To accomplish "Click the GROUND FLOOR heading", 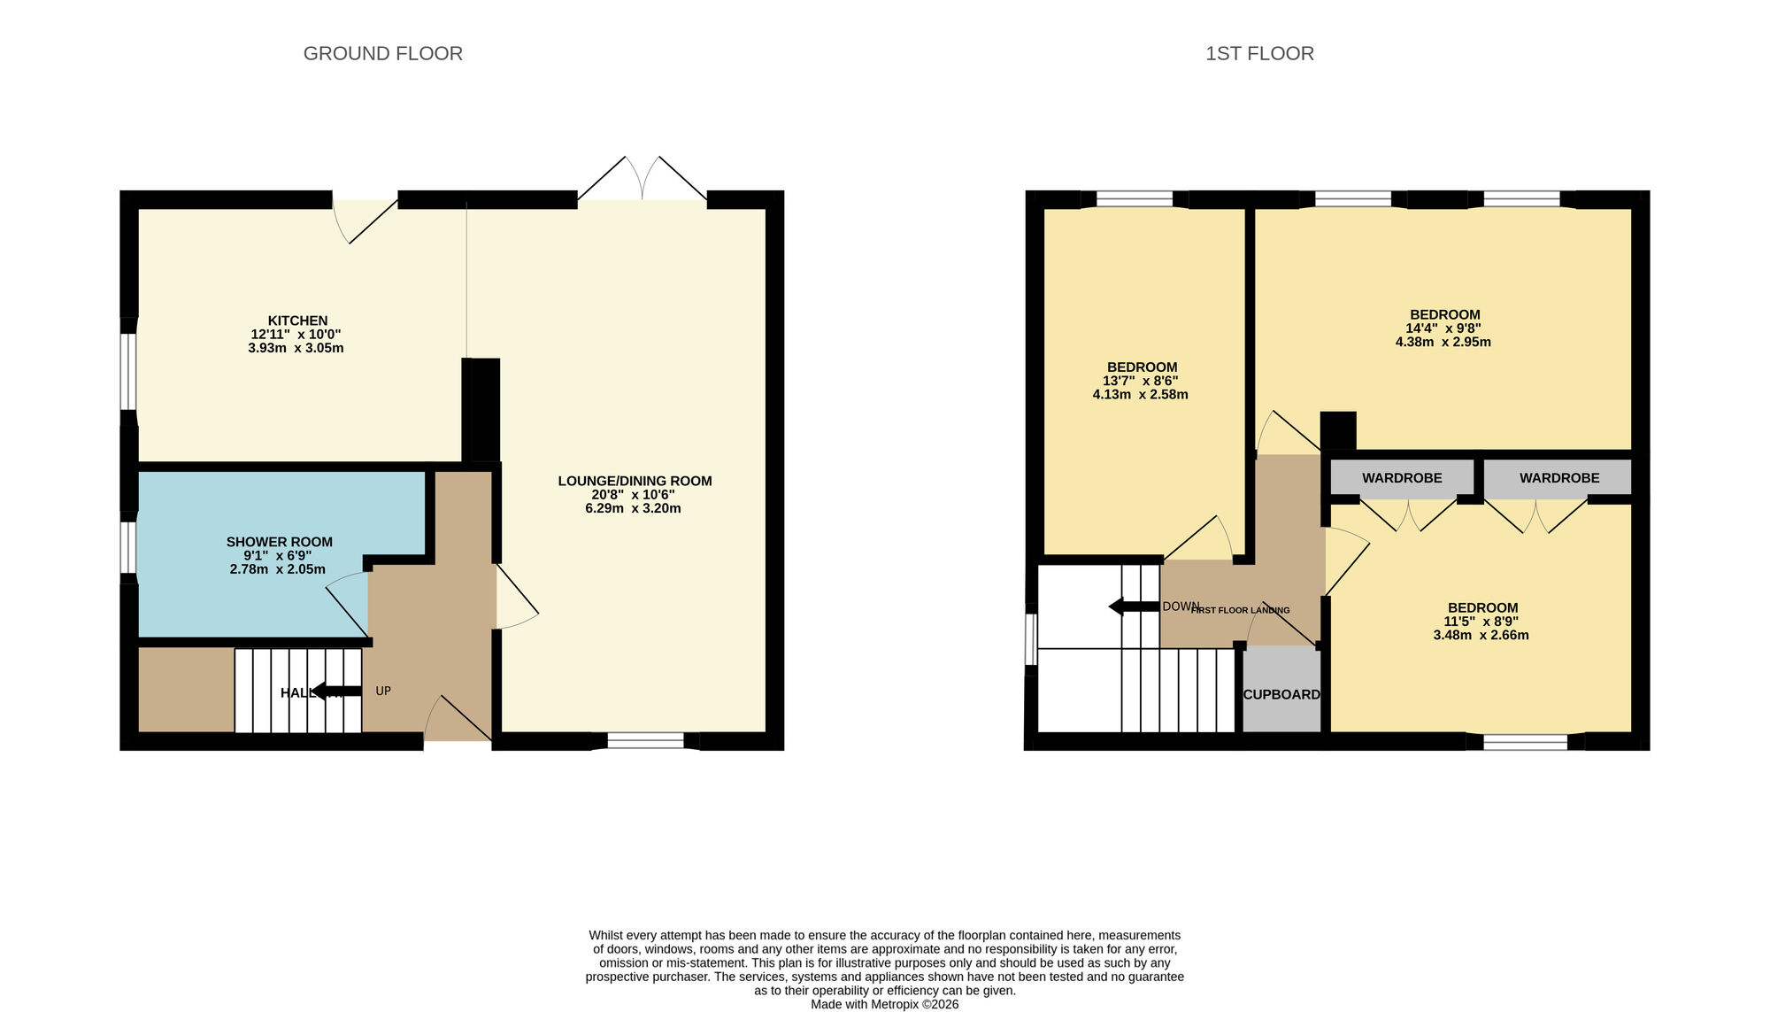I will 382,54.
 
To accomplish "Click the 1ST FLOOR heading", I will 1259,54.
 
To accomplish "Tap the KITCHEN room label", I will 297,321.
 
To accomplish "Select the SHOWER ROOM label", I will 279,542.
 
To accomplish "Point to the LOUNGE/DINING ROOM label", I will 635,481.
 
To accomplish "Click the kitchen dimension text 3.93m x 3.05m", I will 296,348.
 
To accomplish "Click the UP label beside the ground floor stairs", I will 383,691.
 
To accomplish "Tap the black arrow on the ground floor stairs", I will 336,691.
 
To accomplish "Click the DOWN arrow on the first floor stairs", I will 1133,606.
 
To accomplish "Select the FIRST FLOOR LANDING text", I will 1241,610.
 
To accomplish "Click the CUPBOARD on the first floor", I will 1281,694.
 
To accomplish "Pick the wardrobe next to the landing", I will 1402,478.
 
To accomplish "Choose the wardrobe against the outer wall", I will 1558,478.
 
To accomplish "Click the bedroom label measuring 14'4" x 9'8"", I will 1444,314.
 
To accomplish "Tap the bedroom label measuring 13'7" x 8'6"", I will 1142,367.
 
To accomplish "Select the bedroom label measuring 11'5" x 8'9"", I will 1482,607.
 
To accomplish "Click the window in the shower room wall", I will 129,547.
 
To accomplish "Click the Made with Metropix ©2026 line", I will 884,1004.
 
